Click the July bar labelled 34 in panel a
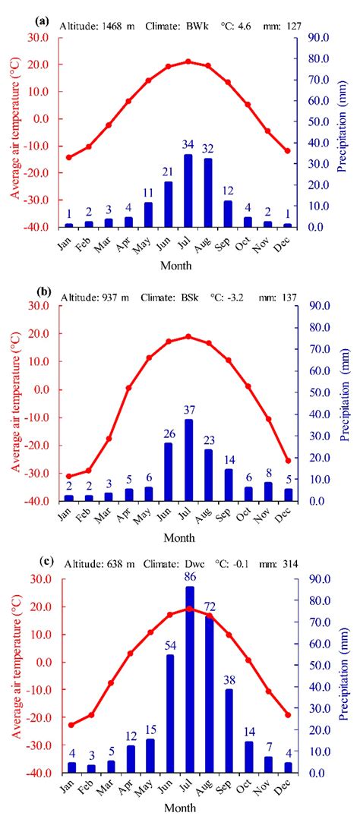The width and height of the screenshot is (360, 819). pyautogui.click(x=188, y=191)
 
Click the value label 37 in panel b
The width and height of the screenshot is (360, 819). pyautogui.click(x=188, y=411)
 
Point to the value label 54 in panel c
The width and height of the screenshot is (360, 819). pyautogui.click(x=169, y=645)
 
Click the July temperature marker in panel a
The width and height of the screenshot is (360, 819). pyautogui.click(x=188, y=61)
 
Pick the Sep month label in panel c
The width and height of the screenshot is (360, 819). pyautogui.click(x=226, y=785)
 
